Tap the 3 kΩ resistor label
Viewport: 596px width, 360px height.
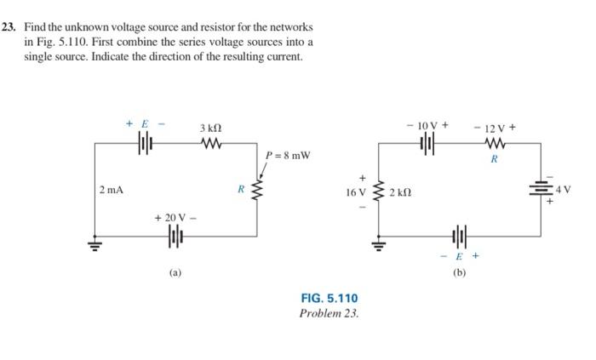point(209,128)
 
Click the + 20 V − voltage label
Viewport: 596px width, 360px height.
point(175,219)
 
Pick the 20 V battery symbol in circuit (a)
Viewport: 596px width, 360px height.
point(175,235)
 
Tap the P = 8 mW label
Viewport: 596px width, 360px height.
point(288,156)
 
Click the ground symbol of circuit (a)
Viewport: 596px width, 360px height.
point(94,248)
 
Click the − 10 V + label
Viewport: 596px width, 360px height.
point(427,126)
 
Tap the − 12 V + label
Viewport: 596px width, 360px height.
point(495,128)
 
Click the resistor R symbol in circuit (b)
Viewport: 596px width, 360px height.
point(495,143)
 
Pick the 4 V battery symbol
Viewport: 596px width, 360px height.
point(541,189)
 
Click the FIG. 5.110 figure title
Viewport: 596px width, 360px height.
point(329,298)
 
